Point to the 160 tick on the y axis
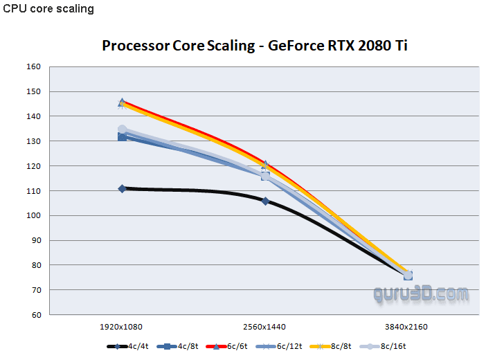point(34,67)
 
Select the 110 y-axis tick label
point(34,191)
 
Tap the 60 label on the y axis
point(36,315)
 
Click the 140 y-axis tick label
point(34,116)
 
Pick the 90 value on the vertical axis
point(36,240)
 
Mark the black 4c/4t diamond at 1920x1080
point(123,188)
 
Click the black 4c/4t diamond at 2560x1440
point(265,201)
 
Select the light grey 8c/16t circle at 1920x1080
point(123,129)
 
